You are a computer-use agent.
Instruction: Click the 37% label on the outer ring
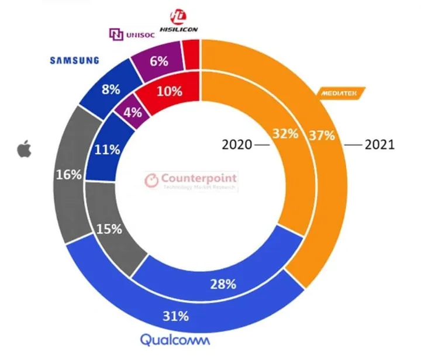(323, 136)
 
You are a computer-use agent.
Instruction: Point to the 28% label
(223, 284)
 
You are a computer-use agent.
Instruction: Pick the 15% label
(110, 229)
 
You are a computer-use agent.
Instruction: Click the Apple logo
(24, 150)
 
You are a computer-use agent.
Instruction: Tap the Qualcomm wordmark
(176, 340)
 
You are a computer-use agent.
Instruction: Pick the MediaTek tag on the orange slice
(341, 92)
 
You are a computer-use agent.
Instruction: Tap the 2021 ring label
(379, 144)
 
